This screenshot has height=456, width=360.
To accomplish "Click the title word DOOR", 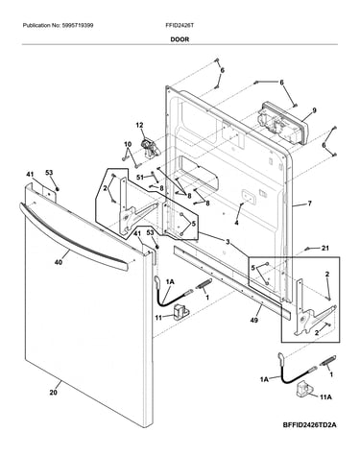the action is (180, 39).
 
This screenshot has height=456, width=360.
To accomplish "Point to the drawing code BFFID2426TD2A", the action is (310, 425).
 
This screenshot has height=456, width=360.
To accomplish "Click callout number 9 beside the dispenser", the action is (314, 110).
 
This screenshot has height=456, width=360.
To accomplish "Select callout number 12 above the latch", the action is (139, 125).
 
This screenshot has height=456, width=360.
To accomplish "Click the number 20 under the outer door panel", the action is (54, 392).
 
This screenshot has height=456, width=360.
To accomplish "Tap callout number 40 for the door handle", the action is (59, 262).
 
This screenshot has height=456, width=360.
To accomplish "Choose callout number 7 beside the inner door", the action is (309, 204).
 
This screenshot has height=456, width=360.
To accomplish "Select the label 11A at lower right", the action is (326, 397).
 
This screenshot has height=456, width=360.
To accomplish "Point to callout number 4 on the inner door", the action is (236, 223).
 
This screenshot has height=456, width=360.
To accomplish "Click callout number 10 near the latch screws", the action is (128, 144).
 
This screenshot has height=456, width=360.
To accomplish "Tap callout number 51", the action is (140, 177).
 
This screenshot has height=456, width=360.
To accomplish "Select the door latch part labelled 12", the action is (150, 147).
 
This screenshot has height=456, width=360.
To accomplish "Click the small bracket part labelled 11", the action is (180, 312).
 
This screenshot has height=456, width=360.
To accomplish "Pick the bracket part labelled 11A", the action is (304, 389).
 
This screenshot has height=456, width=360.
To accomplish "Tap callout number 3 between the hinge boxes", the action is (228, 242).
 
